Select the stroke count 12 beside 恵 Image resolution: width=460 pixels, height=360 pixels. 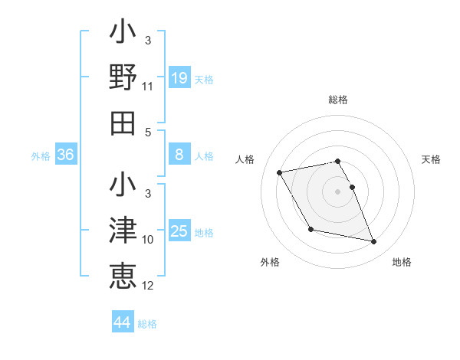(x=148, y=286)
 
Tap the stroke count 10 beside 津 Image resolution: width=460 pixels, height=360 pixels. (x=148, y=241)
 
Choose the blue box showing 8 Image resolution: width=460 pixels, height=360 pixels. (x=179, y=155)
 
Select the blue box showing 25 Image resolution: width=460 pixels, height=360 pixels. (x=179, y=231)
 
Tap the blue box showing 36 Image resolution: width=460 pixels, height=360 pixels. (x=66, y=155)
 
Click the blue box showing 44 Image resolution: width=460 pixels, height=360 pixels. (x=123, y=322)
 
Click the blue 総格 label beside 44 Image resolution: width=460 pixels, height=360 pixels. (x=147, y=324)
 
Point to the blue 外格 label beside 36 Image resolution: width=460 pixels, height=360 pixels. (x=41, y=156)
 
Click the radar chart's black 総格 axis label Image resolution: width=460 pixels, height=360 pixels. (x=338, y=100)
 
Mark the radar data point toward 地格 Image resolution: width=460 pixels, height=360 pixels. (x=374, y=242)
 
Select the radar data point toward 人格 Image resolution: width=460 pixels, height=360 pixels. (x=280, y=172)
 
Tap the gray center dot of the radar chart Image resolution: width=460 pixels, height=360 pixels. (x=338, y=191)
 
